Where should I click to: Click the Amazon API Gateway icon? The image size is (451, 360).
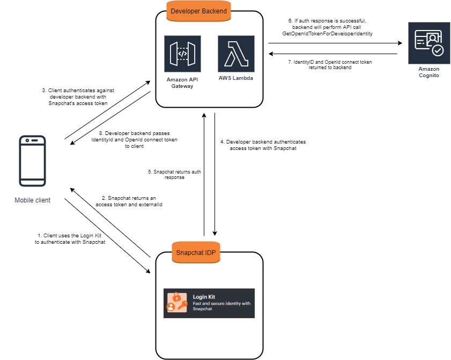[x=183, y=54]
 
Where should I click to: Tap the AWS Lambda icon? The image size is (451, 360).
[x=236, y=54]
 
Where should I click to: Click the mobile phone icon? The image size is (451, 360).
[x=32, y=161]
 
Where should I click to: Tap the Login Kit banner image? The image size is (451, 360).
[x=209, y=303]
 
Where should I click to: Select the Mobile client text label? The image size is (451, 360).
[x=32, y=200]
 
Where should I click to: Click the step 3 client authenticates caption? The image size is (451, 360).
[x=78, y=97]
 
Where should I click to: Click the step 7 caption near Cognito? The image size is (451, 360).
[x=329, y=65]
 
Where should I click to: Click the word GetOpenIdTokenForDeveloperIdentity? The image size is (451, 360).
[x=328, y=33]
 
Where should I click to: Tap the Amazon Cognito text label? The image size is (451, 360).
[x=428, y=72]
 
